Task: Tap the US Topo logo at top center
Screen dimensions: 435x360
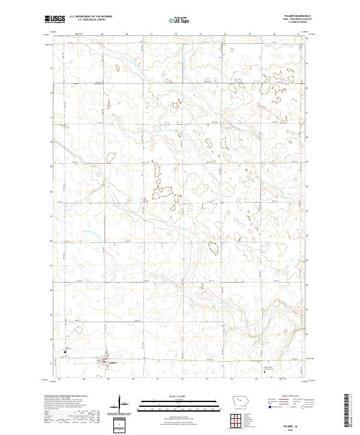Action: (179, 20)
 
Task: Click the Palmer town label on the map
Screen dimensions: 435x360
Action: (112, 362)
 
